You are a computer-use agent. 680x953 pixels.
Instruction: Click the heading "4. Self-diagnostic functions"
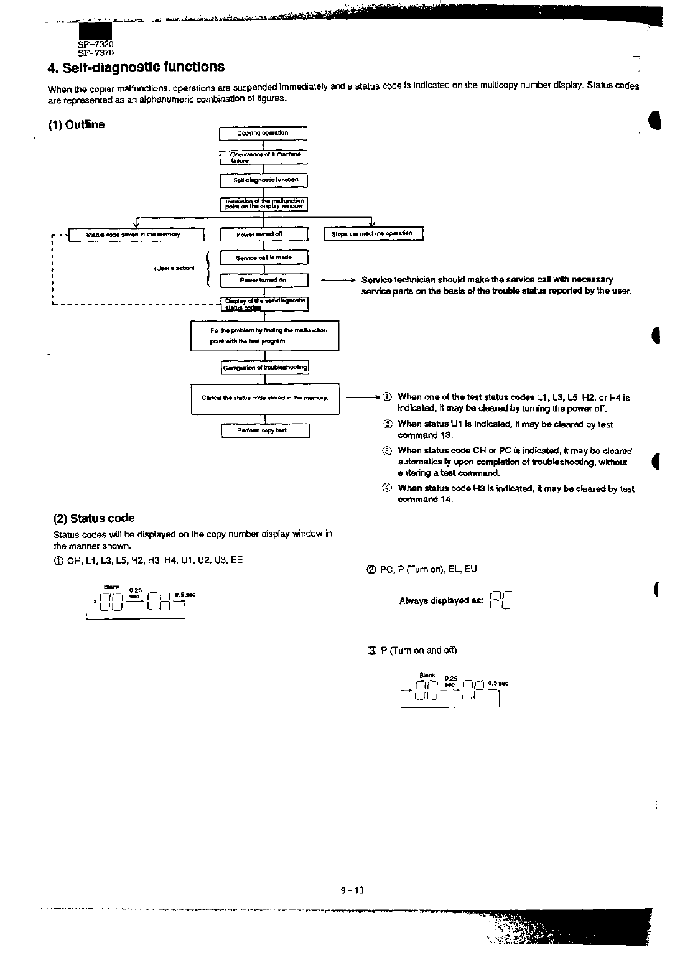(136, 67)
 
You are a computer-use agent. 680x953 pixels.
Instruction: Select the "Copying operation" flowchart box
(263, 134)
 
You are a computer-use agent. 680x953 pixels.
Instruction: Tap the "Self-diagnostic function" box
(263, 180)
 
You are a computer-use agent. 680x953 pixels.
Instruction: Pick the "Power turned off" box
(264, 235)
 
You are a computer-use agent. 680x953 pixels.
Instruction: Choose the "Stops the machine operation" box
(373, 234)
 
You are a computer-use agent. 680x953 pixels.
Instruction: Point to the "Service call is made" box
(264, 258)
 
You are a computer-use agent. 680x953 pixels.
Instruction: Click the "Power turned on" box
(264, 281)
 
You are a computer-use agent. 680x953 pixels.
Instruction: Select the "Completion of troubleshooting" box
(265, 368)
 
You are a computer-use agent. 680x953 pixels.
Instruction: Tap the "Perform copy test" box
(265, 430)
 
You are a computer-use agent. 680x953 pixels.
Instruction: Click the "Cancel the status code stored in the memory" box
(265, 399)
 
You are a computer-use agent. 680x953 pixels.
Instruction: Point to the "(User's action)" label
(174, 269)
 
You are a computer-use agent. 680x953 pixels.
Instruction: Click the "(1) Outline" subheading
(77, 124)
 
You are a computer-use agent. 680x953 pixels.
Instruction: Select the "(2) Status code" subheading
(94, 518)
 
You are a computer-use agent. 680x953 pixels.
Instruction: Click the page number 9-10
(352, 890)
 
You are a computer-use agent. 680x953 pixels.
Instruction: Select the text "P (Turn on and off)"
(418, 651)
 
